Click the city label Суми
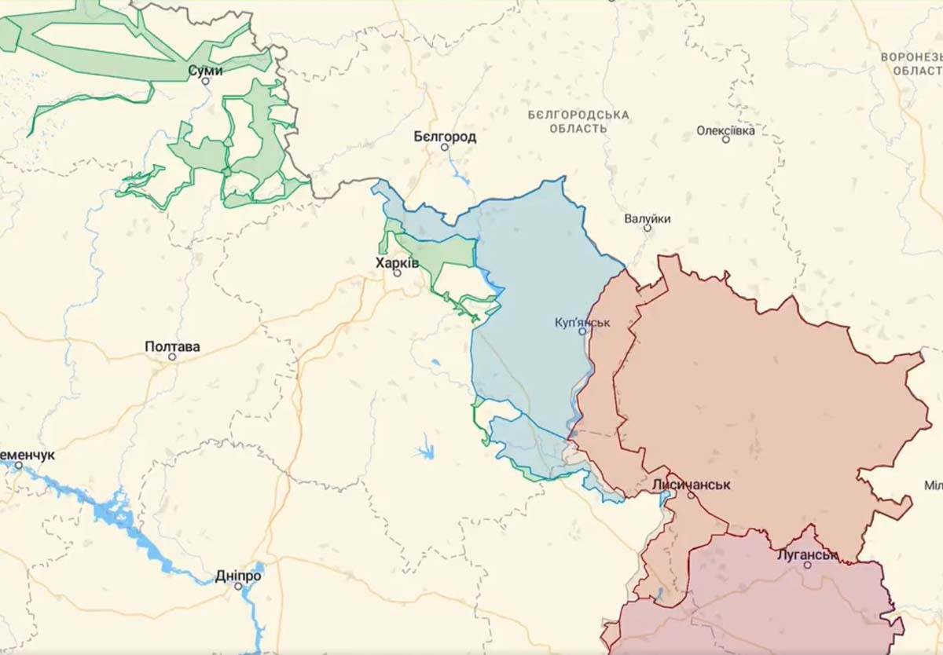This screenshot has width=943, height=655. pos(205,71)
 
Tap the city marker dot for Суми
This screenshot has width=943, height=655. pos(206,81)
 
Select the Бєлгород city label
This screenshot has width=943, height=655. pos(445,137)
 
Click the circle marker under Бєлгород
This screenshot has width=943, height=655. pos(444,147)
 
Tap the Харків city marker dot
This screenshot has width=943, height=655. pos(397,273)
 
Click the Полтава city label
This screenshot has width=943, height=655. pos(172,346)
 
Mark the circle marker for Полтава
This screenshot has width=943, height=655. pos(172,357)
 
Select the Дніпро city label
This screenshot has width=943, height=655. pos(238,576)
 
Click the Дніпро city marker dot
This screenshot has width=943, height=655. pos(238,586)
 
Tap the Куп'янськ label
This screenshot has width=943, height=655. pos(582,322)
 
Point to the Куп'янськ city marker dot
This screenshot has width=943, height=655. pos(582,331)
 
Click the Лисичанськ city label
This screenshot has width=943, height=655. pos(691,485)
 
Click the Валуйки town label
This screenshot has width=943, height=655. pos(648,218)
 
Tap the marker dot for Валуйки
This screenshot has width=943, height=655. pos(648,228)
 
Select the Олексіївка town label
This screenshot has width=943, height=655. pos(725,130)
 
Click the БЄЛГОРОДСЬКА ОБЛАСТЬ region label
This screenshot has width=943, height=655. pos(578,121)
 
